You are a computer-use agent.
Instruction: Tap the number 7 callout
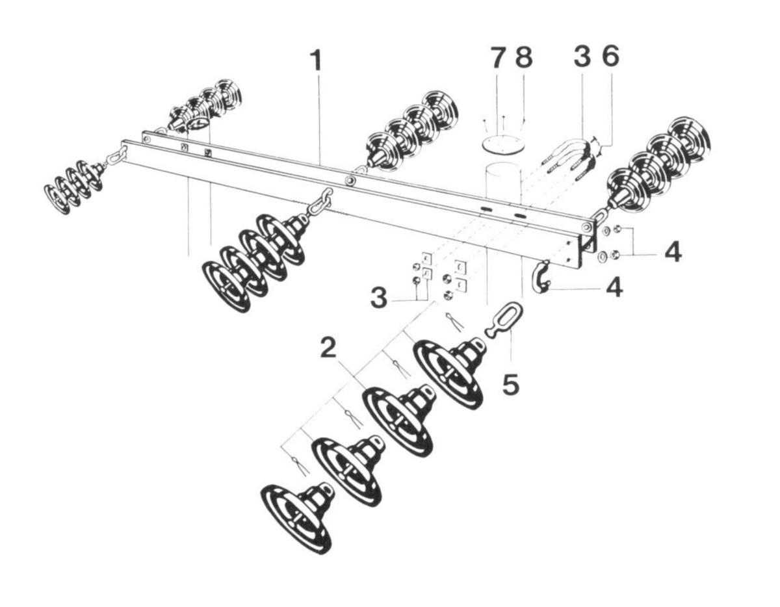pos(497,58)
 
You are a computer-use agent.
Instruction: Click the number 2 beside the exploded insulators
pos(328,350)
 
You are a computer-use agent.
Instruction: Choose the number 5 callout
pos(511,383)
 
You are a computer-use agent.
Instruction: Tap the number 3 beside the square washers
pos(379,300)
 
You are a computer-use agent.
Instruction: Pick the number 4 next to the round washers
pos(673,252)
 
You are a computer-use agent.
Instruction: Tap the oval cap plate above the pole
pos(502,144)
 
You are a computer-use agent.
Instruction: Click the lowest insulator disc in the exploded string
pos(296,517)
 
